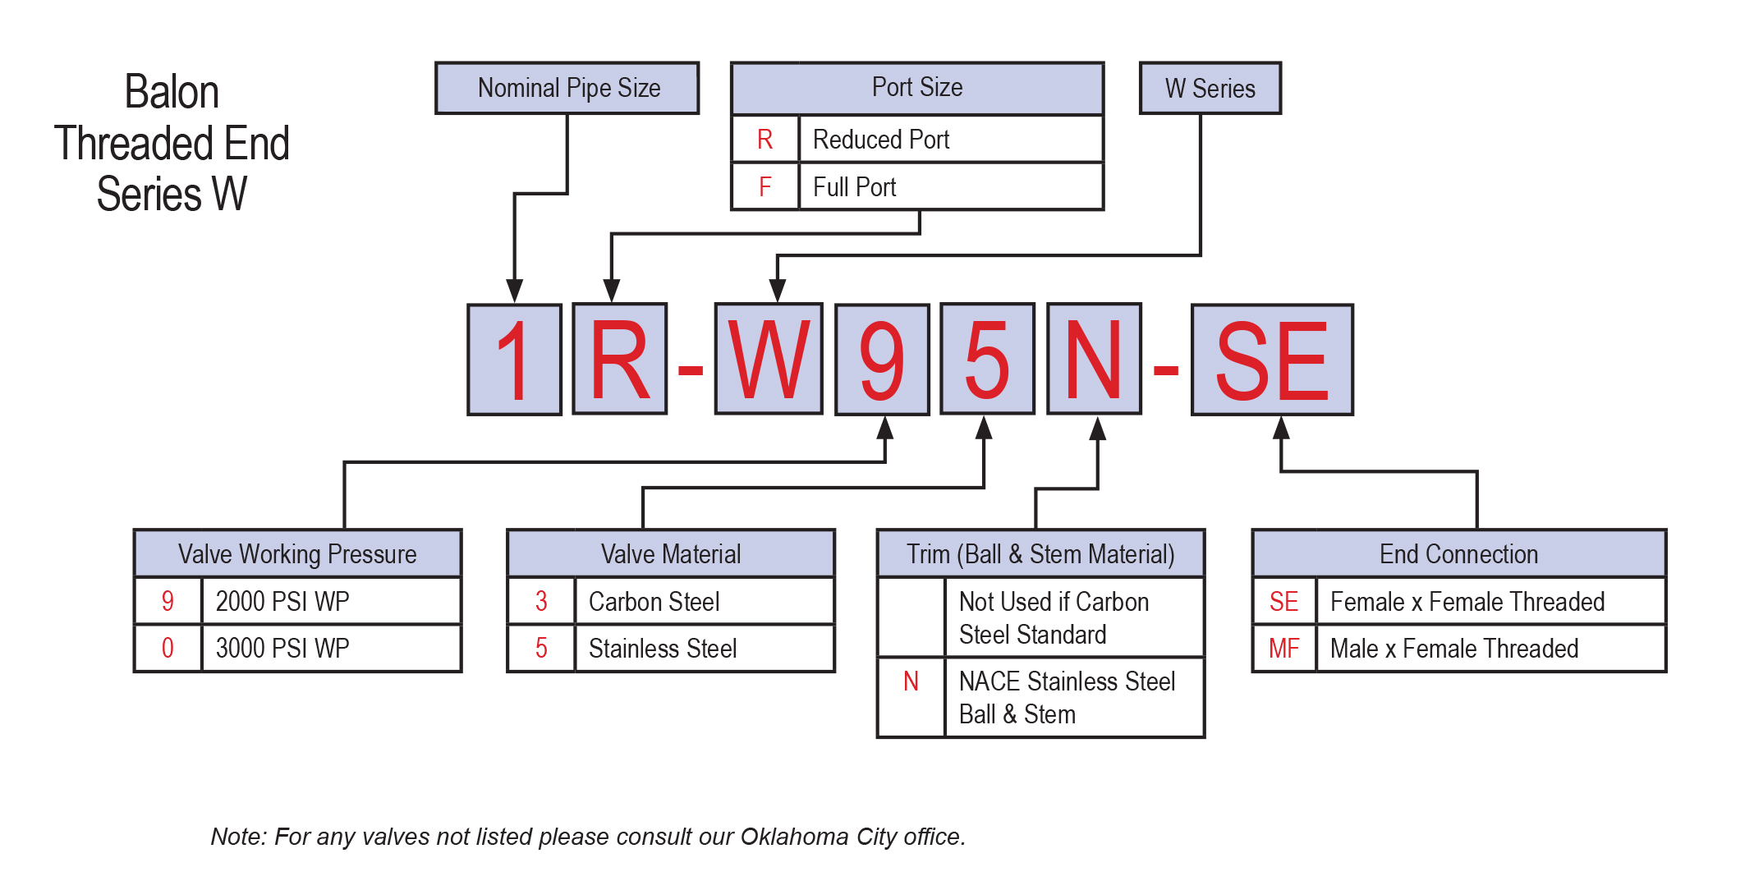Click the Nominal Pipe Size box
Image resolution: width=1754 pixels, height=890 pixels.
pos(567,88)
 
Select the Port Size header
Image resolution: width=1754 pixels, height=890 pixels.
pos(917,88)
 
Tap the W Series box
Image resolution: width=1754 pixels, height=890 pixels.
pos(1210,88)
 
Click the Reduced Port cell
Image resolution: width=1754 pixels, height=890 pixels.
pos(951,139)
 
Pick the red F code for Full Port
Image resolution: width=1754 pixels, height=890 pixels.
pos(765,187)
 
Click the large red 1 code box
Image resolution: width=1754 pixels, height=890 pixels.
pos(515,360)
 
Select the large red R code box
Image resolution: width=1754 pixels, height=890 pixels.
pos(620,360)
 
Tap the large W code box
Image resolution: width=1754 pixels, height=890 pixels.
pos(769,360)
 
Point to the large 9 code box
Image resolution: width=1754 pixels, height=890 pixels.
pos(882,360)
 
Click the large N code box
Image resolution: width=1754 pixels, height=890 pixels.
pos(1094,360)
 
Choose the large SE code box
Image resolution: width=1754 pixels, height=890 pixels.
pos(1272,360)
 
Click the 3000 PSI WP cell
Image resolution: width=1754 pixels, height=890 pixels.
pos(331,648)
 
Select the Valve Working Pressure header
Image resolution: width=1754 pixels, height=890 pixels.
pos(297,553)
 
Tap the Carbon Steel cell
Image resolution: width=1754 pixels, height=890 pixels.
pos(705,601)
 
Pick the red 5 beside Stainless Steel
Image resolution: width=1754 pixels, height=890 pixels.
pos(541,648)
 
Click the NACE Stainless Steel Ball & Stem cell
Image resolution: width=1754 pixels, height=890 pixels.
pos(1075,697)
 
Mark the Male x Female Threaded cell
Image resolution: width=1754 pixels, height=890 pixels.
pos(1491,648)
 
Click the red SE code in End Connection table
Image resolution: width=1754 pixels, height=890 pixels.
pos(1283,602)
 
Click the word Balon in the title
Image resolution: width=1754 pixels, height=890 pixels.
pos(172,91)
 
